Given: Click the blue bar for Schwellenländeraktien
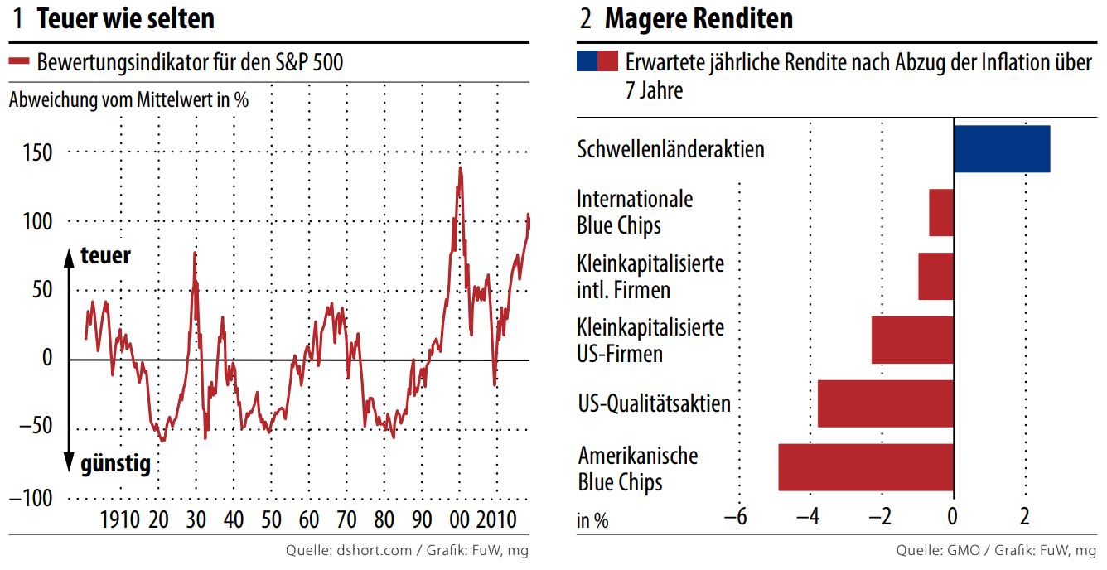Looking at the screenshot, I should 1001,149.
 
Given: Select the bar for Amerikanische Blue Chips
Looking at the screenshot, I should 866,467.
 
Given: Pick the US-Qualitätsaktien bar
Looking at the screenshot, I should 885,403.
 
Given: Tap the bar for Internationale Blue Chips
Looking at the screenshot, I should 940,213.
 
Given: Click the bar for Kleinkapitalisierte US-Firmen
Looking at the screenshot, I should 912,340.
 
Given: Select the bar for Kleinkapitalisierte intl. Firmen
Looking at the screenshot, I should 935,276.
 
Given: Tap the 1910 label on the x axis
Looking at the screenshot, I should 120,521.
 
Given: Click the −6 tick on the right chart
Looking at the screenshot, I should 736,517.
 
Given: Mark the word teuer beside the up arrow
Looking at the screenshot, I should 105,256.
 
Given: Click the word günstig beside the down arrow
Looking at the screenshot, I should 115,464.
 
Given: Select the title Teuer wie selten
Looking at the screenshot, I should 125,18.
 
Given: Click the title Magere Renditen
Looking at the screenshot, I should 698,18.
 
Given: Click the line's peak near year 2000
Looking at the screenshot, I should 460,168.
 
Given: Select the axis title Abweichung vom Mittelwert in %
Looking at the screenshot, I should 128,99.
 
